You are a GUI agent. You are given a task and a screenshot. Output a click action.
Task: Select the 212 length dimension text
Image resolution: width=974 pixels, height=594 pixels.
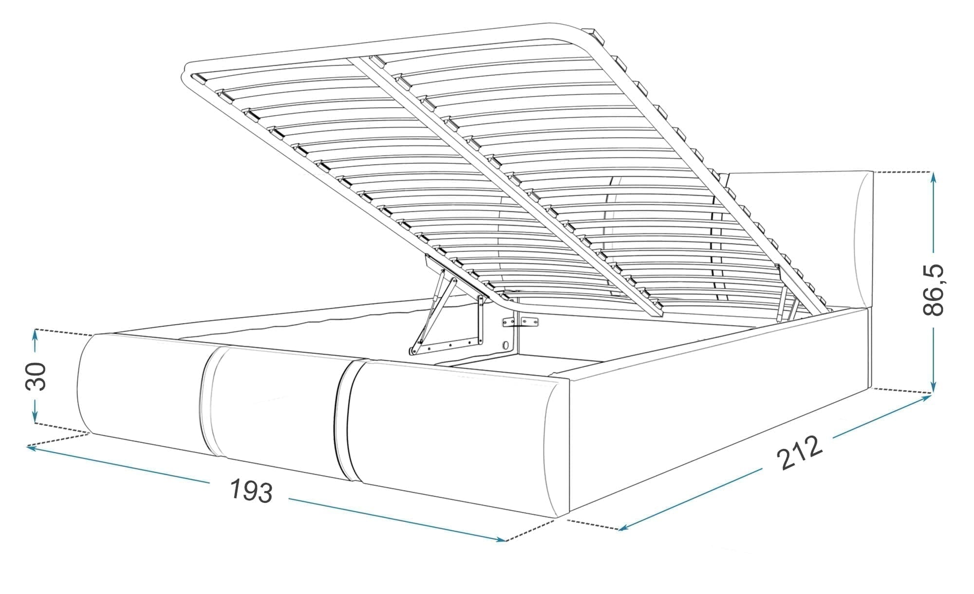[x=799, y=453]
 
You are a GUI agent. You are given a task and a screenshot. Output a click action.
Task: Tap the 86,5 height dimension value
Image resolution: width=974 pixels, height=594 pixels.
[x=933, y=290]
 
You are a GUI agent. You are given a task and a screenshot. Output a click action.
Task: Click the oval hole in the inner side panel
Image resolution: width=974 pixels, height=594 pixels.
[x=506, y=344]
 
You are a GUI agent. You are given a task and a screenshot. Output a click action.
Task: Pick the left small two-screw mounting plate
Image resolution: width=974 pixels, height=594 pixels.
[x=508, y=322]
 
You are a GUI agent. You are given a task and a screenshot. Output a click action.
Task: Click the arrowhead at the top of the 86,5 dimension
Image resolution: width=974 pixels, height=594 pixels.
[x=933, y=177]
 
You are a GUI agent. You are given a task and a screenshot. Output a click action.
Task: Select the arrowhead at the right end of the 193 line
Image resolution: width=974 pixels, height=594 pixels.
[x=500, y=538]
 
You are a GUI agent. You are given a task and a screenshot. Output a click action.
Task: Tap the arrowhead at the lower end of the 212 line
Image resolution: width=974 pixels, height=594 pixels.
[x=624, y=527]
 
